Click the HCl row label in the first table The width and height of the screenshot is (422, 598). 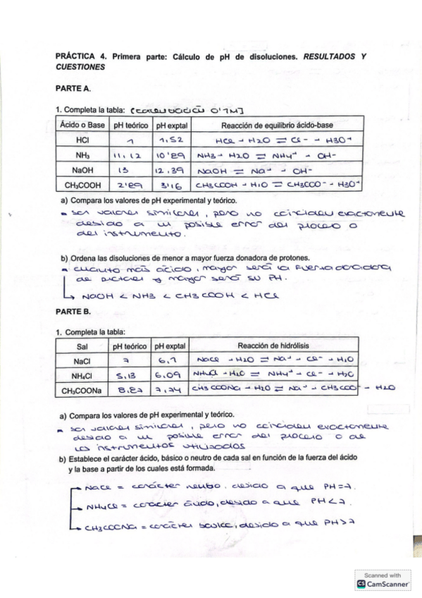[81, 140]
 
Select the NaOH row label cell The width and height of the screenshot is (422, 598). [81, 170]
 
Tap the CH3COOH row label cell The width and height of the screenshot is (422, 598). [81, 185]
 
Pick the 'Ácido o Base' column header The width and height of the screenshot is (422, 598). [81, 125]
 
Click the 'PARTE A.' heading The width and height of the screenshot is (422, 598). [73, 90]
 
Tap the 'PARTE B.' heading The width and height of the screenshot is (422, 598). [73, 310]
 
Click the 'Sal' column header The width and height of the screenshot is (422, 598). [81, 347]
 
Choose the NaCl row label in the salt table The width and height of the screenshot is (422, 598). [81, 361]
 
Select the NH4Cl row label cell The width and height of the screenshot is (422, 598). [81, 374]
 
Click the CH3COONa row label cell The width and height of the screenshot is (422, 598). [81, 389]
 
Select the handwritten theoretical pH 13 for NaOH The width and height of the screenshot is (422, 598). [129, 170]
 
